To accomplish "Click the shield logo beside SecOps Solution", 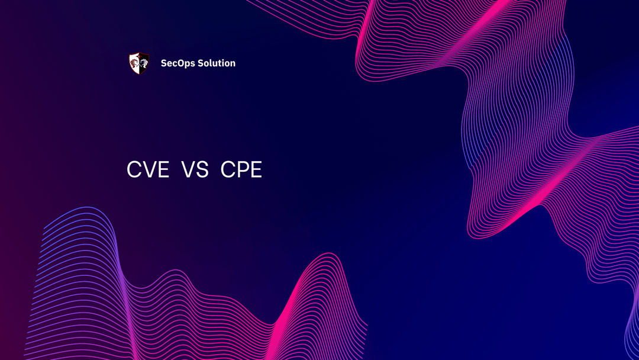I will pos(138,63).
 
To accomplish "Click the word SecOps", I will pos(178,63).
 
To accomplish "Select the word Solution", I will pos(217,63).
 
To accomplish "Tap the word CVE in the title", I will pos(148,171).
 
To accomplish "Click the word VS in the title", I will pos(195,171).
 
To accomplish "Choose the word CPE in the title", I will pos(241,171).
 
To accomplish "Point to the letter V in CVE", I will pos(149,171).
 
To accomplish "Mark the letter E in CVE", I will pos(163,171).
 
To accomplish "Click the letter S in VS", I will pos(202,171).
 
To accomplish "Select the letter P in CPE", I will pos(242,171).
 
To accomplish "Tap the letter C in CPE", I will pos(228,171).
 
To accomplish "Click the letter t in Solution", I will pos(222,63).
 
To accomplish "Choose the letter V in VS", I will pos(188,171).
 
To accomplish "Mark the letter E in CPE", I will pos(256,171).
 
